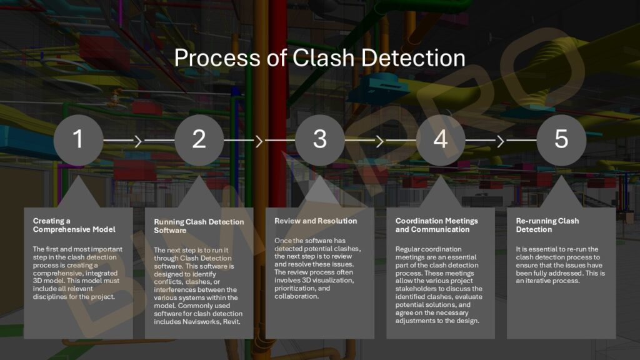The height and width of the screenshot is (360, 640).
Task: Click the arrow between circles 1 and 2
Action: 138,141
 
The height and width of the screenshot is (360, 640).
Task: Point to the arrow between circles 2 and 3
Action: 259,141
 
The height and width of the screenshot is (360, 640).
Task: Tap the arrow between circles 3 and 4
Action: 379,141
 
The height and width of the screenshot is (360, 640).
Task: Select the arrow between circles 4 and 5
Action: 500,141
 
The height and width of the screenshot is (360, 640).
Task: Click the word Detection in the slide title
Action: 415,58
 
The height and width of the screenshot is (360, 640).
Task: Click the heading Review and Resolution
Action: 316,221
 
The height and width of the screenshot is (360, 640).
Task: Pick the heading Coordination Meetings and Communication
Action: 436,225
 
